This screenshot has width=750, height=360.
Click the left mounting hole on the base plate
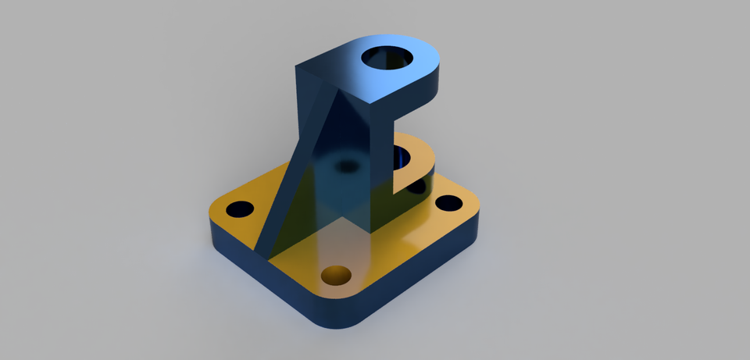239,209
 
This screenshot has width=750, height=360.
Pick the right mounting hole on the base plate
448,203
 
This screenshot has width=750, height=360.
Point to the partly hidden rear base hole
416,187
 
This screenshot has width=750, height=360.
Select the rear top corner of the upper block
298,66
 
